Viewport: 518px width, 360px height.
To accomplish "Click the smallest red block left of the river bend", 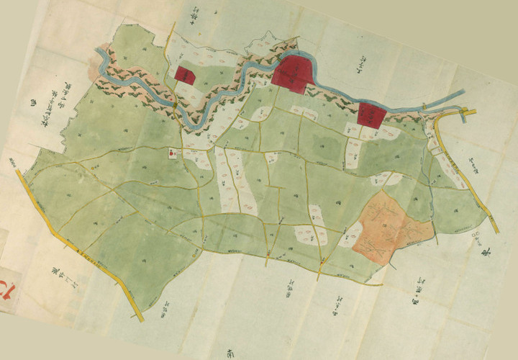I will (x=186, y=75).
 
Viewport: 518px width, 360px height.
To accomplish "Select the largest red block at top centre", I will (x=295, y=73).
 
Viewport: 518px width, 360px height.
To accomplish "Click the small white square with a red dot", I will (x=171, y=152).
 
